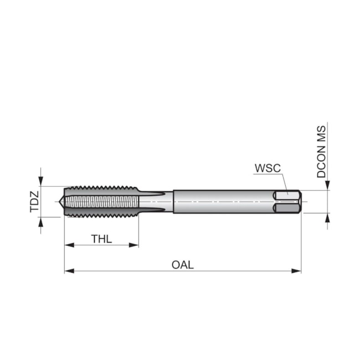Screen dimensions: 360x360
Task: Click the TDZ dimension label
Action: click(x=34, y=202)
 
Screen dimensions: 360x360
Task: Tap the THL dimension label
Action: click(x=101, y=239)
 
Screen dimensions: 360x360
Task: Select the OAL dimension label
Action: click(x=183, y=265)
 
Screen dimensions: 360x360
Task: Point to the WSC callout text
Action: click(x=268, y=168)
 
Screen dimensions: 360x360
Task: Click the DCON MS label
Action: click(x=321, y=152)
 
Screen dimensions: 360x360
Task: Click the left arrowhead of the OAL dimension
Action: click(x=69, y=271)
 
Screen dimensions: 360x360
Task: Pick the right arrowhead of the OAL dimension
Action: click(x=296, y=271)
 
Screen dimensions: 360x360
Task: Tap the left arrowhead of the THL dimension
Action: click(x=69, y=245)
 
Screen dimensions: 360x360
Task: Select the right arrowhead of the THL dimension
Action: click(x=134, y=245)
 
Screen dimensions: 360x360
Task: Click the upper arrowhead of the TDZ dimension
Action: click(x=40, y=181)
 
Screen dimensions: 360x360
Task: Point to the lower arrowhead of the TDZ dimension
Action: click(x=40, y=222)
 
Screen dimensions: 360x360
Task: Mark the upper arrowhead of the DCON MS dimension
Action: click(x=327, y=186)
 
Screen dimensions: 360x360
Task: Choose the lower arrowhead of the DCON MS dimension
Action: click(x=327, y=218)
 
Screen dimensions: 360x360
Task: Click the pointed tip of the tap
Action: click(x=59, y=202)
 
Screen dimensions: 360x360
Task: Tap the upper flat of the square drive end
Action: click(x=286, y=196)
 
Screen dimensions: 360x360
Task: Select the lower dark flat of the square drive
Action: click(x=286, y=208)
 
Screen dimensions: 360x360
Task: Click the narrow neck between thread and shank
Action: click(x=156, y=202)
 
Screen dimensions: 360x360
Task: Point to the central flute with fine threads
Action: click(x=102, y=202)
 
